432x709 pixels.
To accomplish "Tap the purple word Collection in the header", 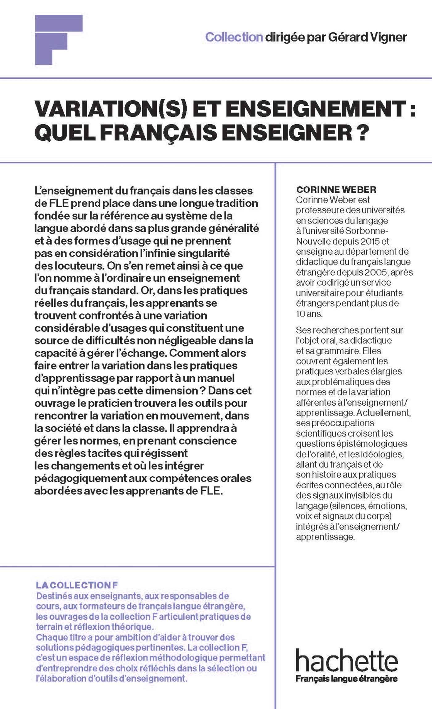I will (234, 37).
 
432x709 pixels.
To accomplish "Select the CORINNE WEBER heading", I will (336, 189).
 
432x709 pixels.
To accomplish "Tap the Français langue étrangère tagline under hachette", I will (347, 678).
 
